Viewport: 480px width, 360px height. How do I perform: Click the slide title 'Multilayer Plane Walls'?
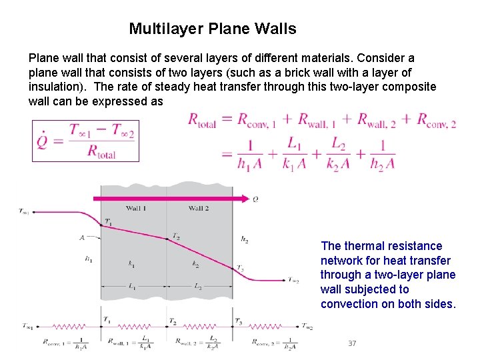pyautogui.click(x=212, y=29)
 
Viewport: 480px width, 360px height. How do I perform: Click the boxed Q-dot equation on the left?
pyautogui.click(x=85, y=141)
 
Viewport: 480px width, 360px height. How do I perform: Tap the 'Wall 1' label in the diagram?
pyautogui.click(x=136, y=208)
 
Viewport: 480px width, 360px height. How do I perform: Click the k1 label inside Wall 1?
pyautogui.click(x=131, y=265)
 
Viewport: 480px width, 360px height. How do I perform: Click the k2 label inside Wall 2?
pyautogui.click(x=195, y=265)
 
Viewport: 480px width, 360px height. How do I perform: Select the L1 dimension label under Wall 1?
pyautogui.click(x=132, y=287)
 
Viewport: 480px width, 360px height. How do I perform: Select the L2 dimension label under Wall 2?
pyautogui.click(x=198, y=287)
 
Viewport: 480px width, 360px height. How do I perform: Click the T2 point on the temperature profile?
pyautogui.click(x=167, y=239)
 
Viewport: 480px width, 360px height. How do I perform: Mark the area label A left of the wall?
pyautogui.click(x=82, y=237)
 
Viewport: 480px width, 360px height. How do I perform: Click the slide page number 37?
pyautogui.click(x=352, y=343)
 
